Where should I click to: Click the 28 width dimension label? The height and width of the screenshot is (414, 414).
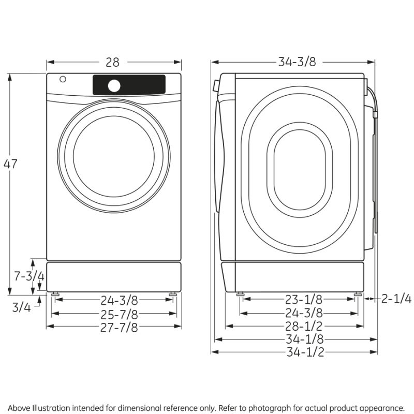pos(112,63)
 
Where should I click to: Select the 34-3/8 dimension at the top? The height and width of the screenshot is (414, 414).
pos(297,62)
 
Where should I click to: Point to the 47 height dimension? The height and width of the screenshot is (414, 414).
pos(10,164)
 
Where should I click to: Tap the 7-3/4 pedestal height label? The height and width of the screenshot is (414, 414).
pos(28,276)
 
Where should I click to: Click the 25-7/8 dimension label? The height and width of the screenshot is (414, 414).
pos(119,314)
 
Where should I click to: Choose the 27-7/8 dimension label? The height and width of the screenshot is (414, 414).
pos(119,327)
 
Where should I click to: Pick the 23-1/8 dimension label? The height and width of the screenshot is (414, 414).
pos(304,299)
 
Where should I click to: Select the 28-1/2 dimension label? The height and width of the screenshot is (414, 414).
pos(304,327)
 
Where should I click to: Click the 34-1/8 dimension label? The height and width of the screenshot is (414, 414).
pos(304,339)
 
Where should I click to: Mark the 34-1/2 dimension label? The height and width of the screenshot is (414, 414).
pos(304,352)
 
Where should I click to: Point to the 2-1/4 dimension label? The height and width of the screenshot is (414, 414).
pos(396,299)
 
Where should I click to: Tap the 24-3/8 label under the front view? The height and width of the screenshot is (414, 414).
pos(119,300)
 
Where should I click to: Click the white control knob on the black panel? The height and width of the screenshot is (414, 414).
pos(114,85)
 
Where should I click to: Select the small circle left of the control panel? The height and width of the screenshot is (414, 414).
pos(63,80)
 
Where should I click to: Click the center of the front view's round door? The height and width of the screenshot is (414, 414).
pos(113,156)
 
